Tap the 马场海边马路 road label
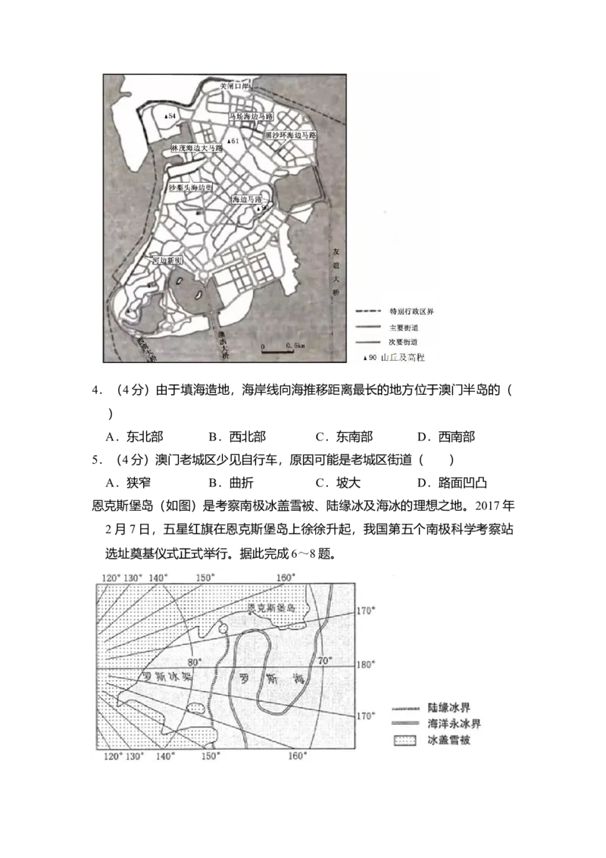coord(251,117)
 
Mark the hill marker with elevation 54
coord(170,115)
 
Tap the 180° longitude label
coord(367,665)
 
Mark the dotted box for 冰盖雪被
coord(405,737)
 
